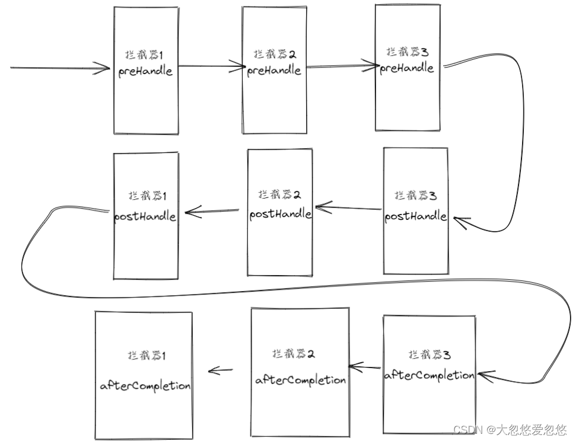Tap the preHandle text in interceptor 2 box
click(274, 70)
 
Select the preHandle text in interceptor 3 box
click(407, 68)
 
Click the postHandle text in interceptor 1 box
click(145, 216)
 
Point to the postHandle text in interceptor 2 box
click(280, 214)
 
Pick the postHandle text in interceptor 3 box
click(415, 216)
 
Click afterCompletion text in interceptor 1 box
click(145, 385)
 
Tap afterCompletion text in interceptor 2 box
click(301, 380)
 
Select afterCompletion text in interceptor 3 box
click(429, 375)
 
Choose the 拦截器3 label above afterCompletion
click(429, 354)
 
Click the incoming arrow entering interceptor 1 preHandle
click(59, 68)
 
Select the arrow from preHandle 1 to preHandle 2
click(211, 67)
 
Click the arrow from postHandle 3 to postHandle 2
click(349, 208)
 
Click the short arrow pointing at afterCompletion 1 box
click(220, 371)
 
